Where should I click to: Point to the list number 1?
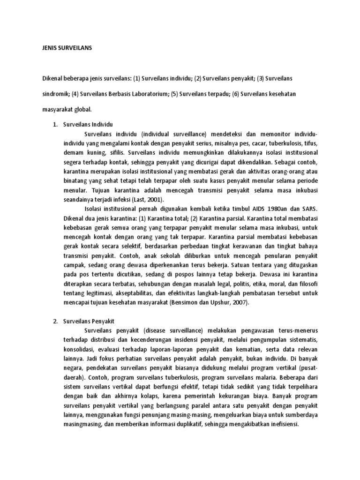pyautogui.click(x=54, y=125)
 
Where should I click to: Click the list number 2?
pyautogui.click(x=54, y=323)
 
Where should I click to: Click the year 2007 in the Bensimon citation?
pyautogui.click(x=225, y=302)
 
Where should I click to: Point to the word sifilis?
pyautogui.click(x=122, y=152)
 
